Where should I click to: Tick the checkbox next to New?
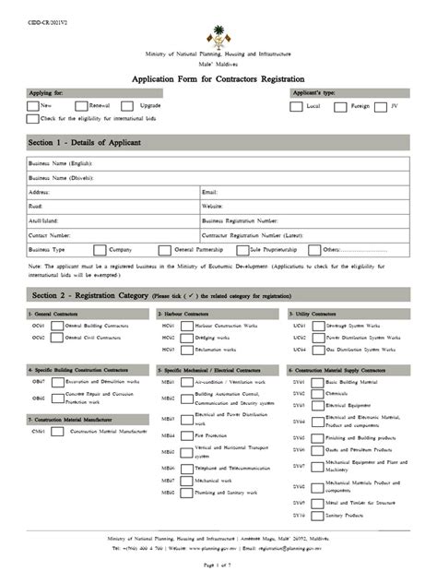(33, 106)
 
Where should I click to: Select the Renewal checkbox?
(81, 106)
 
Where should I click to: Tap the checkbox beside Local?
(296, 106)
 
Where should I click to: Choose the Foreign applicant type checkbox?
(341, 106)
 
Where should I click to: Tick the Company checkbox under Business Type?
(100, 250)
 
